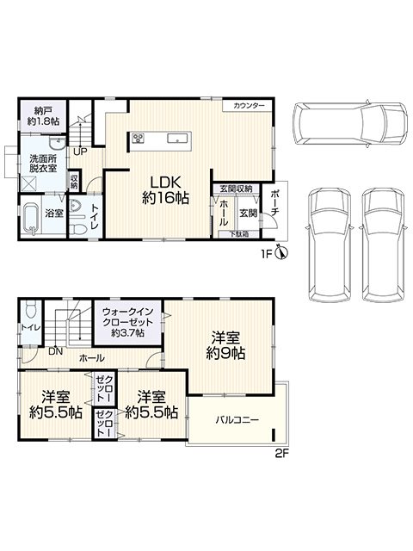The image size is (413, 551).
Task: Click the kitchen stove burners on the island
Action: (139, 138)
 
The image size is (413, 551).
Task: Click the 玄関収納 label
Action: (235, 188)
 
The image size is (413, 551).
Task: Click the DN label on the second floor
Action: (54, 351)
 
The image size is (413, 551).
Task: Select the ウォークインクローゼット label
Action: (127, 321)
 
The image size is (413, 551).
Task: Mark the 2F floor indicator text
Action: (280, 454)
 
